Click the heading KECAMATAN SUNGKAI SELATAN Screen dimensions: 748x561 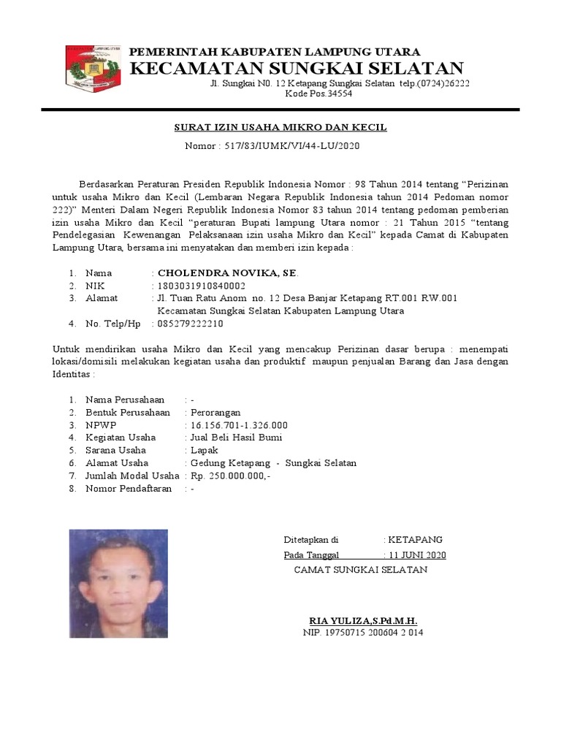pyautogui.click(x=297, y=69)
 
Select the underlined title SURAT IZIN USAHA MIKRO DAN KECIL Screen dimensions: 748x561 pyautogui.click(x=280, y=128)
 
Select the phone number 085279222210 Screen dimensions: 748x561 pyautogui.click(x=191, y=324)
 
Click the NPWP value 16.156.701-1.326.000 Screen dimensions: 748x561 pyautogui.click(x=239, y=424)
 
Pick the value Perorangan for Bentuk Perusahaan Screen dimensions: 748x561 pyautogui.click(x=215, y=412)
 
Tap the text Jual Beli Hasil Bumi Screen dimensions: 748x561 pyautogui.click(x=236, y=438)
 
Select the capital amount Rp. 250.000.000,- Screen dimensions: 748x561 pyautogui.click(x=230, y=476)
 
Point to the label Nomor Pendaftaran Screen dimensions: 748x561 pyautogui.click(x=129, y=489)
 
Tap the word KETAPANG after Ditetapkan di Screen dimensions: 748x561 pyautogui.click(x=415, y=540)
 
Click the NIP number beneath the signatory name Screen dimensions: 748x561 pyautogui.click(x=363, y=633)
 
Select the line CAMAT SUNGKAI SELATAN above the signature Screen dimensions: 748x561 pyautogui.click(x=360, y=570)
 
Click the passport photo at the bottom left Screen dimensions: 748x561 pyautogui.click(x=118, y=584)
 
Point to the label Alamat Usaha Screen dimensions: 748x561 pyautogui.click(x=117, y=463)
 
